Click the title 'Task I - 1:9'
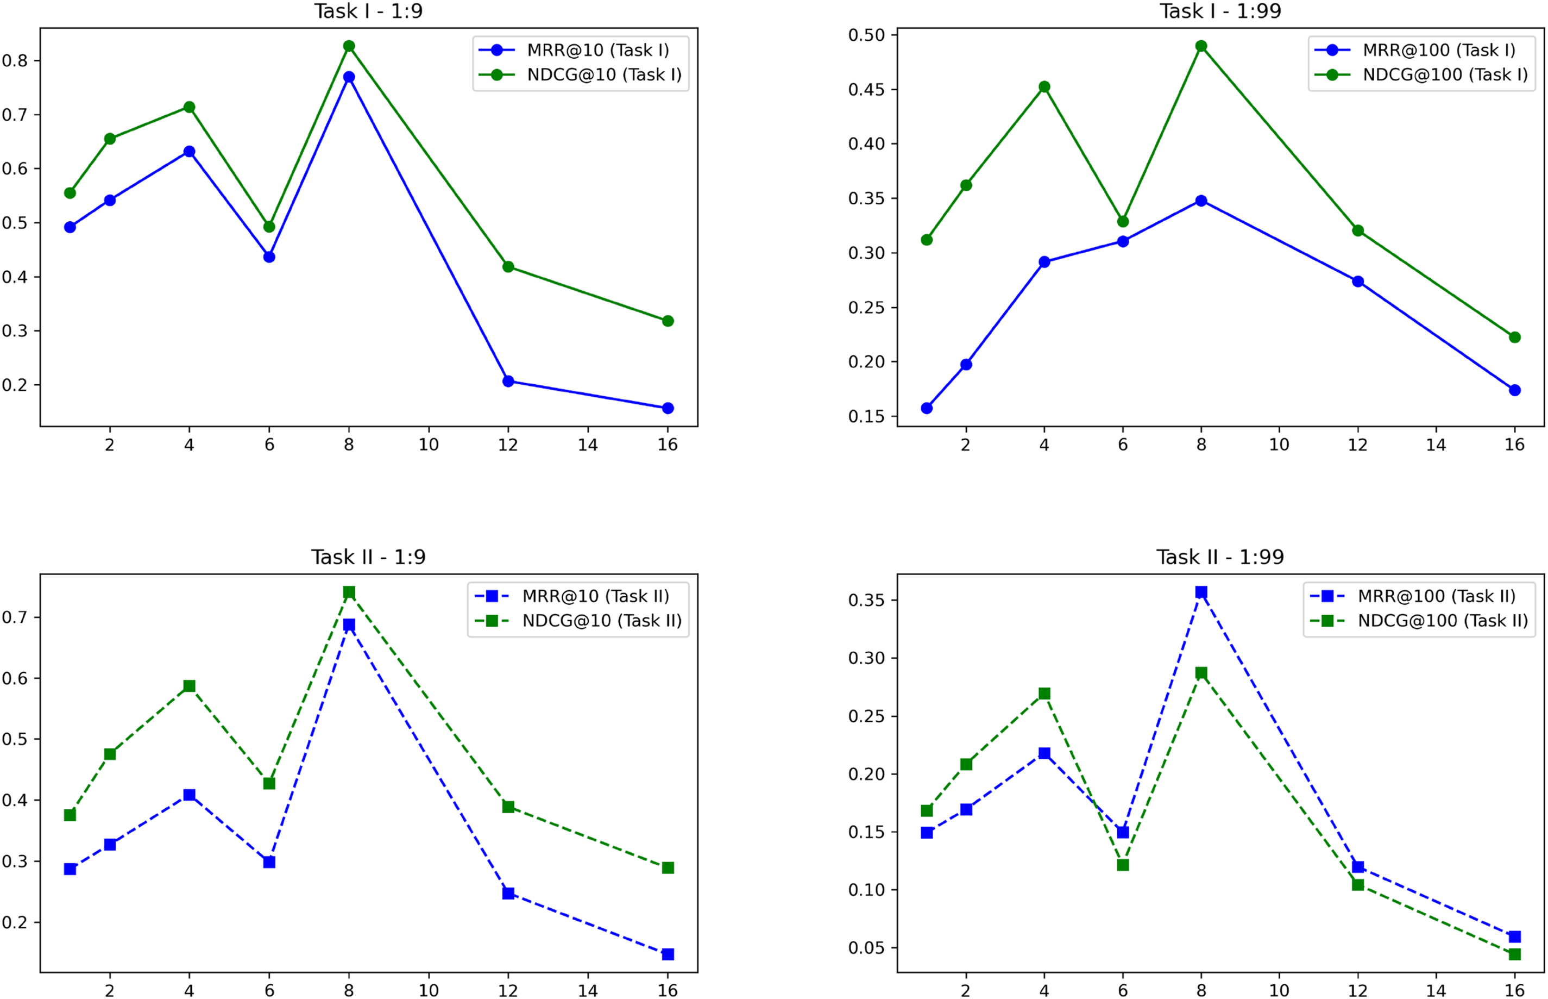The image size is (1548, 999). [368, 11]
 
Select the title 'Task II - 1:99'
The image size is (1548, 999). [1220, 557]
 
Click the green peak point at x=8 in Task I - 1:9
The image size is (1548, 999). [349, 46]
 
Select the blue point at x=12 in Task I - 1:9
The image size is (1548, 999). [508, 381]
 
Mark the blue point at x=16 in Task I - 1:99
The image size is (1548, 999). [1515, 390]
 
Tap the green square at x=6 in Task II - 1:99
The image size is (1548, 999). [1123, 865]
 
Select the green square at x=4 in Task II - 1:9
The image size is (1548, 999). [189, 686]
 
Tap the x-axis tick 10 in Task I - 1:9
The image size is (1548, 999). [429, 445]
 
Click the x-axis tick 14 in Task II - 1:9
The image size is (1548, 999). [588, 990]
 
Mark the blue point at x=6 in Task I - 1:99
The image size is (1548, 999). [1123, 241]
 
